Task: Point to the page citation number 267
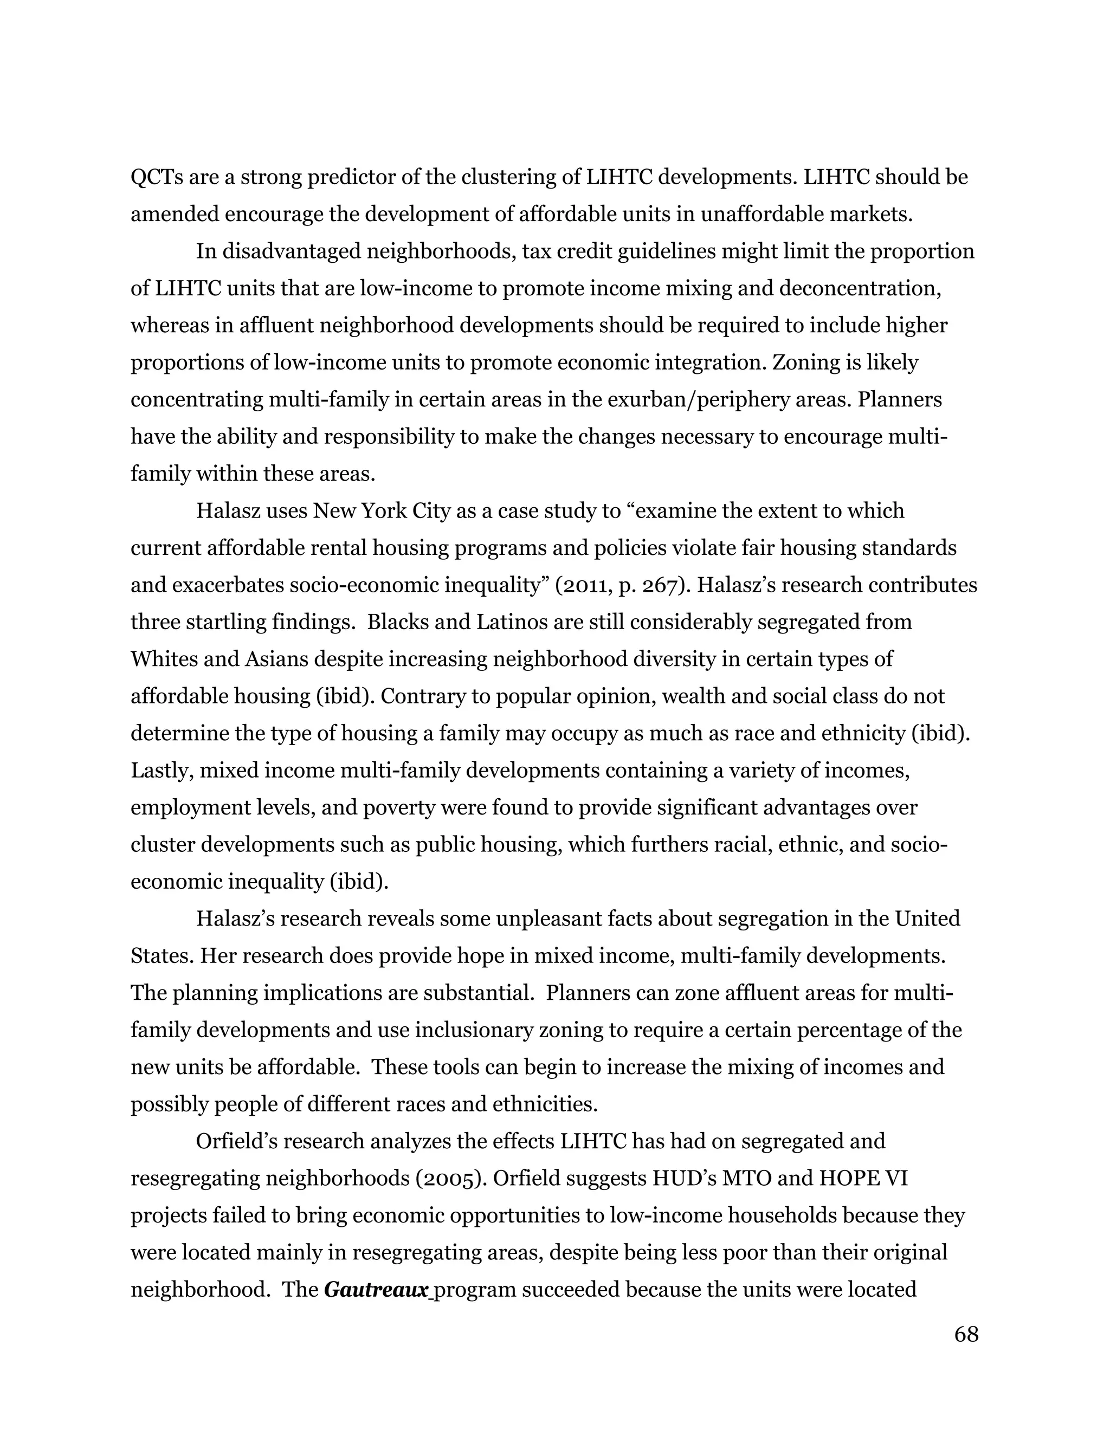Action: pos(661,585)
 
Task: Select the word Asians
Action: pos(277,659)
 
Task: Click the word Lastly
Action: pos(161,770)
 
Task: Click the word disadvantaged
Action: pos(291,252)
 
